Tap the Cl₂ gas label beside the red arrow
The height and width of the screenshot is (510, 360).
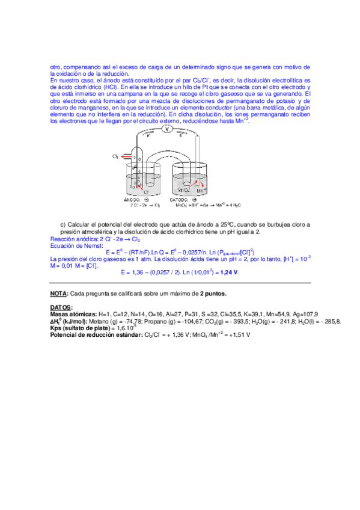tap(115, 156)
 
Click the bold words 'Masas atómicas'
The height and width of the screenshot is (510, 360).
tap(73, 314)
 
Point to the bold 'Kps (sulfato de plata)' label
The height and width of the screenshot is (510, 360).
tap(82, 328)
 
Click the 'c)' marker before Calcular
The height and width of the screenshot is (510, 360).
tap(63, 225)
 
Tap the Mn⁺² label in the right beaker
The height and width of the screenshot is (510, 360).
tap(202, 190)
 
